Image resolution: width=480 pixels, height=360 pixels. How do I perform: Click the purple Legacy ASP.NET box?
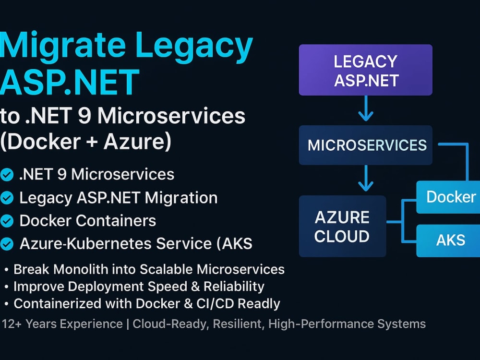(365, 70)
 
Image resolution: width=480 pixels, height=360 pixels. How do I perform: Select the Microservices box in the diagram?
(365, 145)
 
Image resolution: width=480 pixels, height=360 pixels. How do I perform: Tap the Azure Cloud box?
(342, 226)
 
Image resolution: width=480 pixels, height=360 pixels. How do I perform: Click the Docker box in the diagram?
(448, 197)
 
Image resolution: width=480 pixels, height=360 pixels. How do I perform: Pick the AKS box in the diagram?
(448, 240)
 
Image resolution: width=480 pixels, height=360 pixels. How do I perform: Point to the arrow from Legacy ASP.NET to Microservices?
(365, 108)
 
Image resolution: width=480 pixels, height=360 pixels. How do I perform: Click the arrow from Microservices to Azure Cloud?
(365, 178)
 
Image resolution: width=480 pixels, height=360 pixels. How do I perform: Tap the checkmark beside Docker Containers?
(7, 221)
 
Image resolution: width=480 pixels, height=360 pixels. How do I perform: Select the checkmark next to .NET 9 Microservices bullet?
(7, 175)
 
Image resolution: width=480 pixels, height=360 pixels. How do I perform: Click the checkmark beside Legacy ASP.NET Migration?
(7, 198)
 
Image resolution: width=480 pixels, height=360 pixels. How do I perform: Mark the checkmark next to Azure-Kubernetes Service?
(7, 244)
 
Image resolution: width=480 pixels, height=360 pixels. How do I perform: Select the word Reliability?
(234, 287)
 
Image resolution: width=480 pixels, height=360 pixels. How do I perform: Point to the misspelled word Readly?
(259, 304)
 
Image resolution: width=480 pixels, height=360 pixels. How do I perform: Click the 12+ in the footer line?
(12, 324)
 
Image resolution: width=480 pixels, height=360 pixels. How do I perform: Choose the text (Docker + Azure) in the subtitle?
(86, 142)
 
